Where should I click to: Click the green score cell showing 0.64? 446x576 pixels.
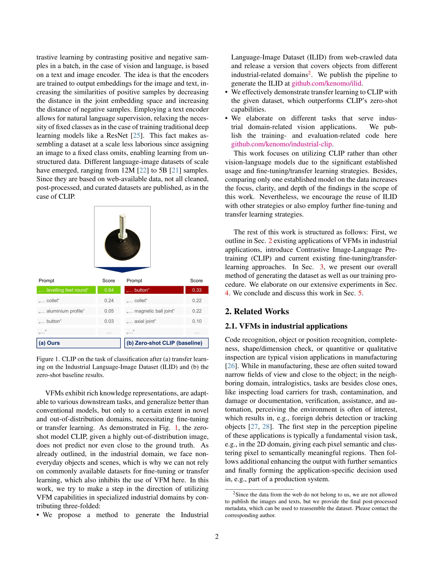[109, 290]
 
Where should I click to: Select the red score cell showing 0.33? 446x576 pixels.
[197, 290]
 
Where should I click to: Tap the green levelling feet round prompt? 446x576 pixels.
[66, 290]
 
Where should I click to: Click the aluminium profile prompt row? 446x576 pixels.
[66, 311]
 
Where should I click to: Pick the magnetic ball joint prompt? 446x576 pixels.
[154, 311]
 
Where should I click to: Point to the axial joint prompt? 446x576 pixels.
[154, 321]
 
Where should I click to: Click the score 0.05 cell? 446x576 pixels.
[109, 311]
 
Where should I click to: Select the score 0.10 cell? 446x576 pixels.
[197, 321]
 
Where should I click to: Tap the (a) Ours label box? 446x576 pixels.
[78, 343]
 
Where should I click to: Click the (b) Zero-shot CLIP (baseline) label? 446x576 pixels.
[166, 343]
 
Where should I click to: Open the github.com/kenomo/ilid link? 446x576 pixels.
[326, 84]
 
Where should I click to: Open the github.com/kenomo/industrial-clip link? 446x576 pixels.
[282, 144]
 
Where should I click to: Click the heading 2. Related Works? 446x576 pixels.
[257, 312]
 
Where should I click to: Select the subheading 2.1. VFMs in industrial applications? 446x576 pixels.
[286, 326]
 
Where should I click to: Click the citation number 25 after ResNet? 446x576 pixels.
[137, 136]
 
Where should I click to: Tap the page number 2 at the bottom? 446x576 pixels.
[217, 537]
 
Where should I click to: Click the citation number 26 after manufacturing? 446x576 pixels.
[231, 366]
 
